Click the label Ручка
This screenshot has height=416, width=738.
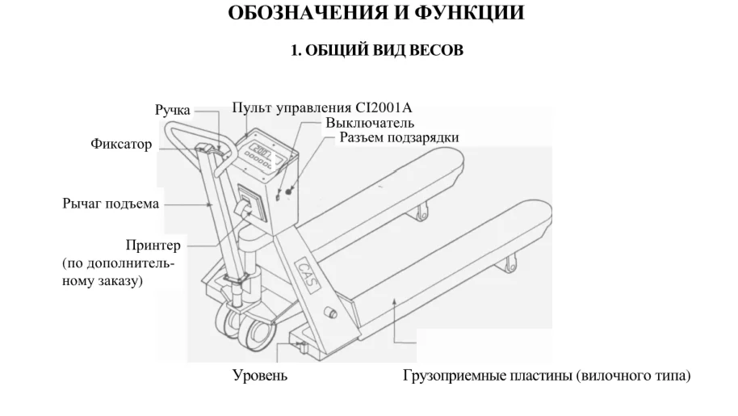coord(173,110)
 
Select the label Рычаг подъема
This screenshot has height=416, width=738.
coord(111,204)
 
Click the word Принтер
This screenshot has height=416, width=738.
coord(153,246)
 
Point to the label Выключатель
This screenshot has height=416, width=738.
coord(371,124)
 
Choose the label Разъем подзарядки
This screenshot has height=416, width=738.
coord(399,138)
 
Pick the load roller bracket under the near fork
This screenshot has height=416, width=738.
coord(509,264)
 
